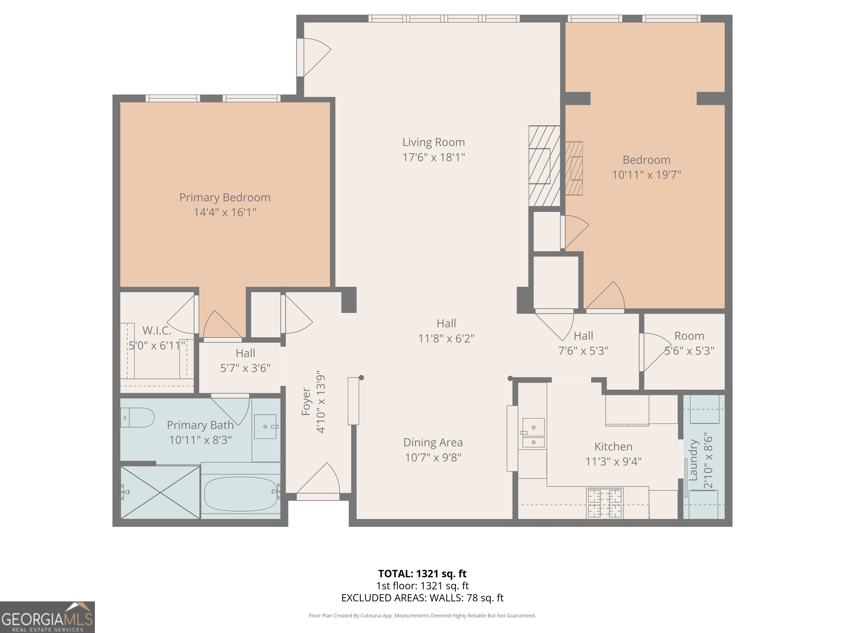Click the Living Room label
click(x=433, y=142)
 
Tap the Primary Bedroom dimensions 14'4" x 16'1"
click(x=225, y=212)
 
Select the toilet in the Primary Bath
click(x=137, y=417)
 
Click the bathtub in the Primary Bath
click(x=241, y=494)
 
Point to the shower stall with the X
click(x=160, y=492)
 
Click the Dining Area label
click(x=433, y=443)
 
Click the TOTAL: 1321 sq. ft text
click(x=422, y=573)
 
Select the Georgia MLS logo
click(x=47, y=617)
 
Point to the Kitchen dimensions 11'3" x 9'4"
click(x=613, y=462)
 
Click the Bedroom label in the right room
click(x=646, y=160)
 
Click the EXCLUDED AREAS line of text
click(x=422, y=598)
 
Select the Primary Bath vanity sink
click(x=265, y=427)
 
